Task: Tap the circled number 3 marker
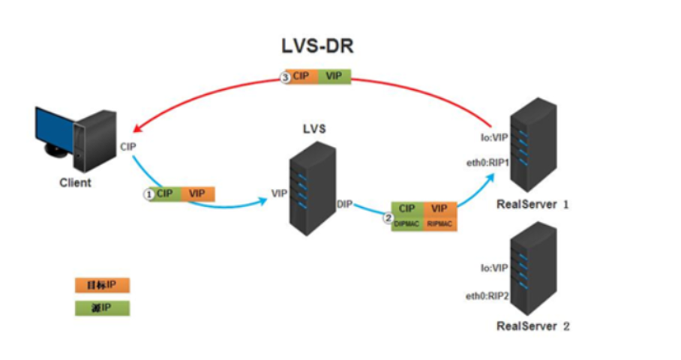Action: coord(284,76)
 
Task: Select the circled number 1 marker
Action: coord(148,193)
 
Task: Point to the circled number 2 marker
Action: coord(388,220)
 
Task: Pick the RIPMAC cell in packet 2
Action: coord(440,223)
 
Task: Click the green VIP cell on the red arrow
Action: coord(334,76)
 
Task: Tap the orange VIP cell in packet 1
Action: coord(197,193)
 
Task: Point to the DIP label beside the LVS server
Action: coord(344,203)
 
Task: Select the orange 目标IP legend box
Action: coord(102,285)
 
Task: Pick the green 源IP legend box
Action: coord(102,308)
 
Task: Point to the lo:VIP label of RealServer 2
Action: coord(495,266)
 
